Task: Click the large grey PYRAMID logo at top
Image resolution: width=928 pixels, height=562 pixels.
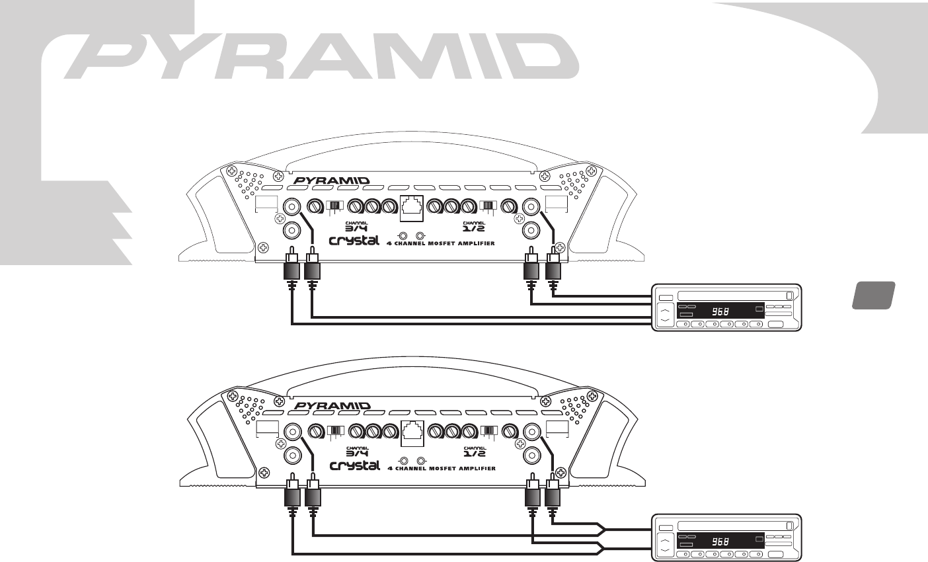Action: point(321,56)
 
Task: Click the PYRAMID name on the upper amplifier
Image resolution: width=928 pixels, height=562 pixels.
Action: point(331,181)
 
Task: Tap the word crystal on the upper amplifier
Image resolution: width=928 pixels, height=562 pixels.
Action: point(354,241)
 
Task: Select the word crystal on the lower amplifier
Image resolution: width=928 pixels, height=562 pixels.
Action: point(355,466)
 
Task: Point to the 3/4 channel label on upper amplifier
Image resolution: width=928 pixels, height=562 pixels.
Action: point(357,227)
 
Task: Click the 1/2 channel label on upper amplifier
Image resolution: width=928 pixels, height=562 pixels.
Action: point(473,227)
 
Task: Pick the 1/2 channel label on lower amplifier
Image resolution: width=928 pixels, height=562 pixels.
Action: point(475,452)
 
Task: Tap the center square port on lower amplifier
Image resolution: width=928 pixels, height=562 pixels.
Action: point(413,432)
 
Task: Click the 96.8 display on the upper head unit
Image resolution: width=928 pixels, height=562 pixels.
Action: point(720,311)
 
